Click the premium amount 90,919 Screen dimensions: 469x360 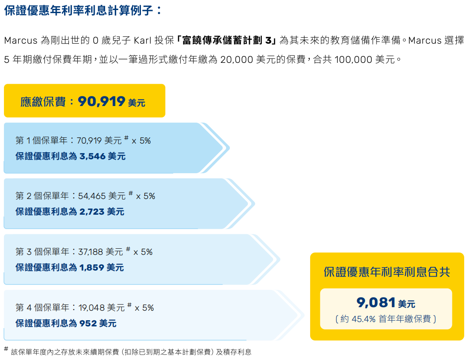pos(102,102)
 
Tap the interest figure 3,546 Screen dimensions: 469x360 pos(92,156)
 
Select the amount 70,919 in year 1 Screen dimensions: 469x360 pos(89,141)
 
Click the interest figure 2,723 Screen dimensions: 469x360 pos(92,212)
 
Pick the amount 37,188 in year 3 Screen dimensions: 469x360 pos(90,252)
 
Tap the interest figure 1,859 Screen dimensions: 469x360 pos(92,267)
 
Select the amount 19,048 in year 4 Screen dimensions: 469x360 pos(92,308)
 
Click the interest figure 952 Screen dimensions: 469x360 pos(88,323)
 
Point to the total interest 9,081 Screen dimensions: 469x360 pos(376,302)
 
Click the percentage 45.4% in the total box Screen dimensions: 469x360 pos(363,319)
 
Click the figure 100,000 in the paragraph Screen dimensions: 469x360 pos(353,59)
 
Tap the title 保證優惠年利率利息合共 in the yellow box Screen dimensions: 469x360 pos(387,272)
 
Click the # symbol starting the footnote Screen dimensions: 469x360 pos(6,349)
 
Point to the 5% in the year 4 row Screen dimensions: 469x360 pos(148,308)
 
